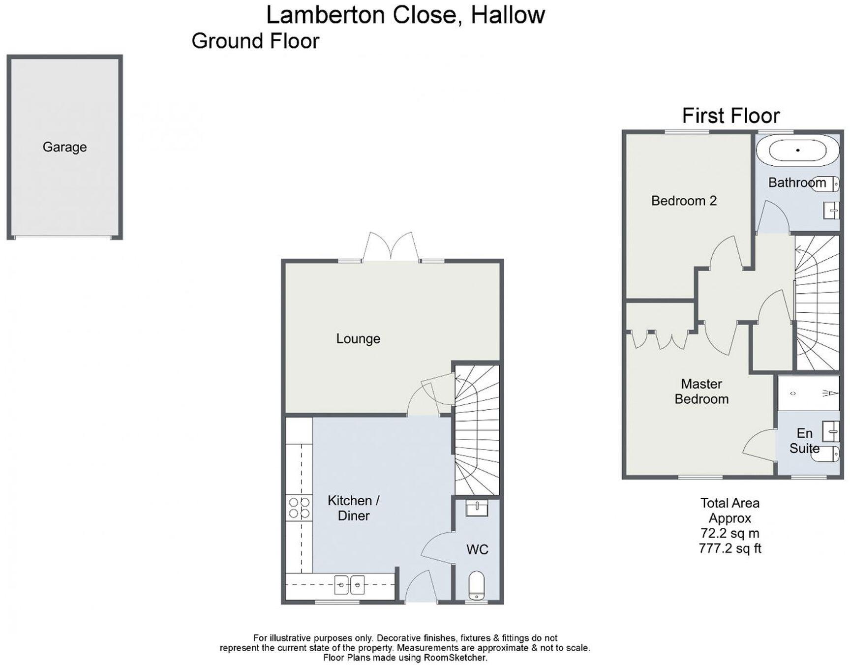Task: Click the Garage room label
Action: pyautogui.click(x=64, y=147)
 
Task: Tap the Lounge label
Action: pyautogui.click(x=358, y=338)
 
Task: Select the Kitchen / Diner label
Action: pyautogui.click(x=353, y=508)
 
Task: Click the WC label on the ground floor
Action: pyautogui.click(x=477, y=549)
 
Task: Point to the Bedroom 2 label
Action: pyautogui.click(x=684, y=201)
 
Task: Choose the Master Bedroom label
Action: pyautogui.click(x=701, y=392)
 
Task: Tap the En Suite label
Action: pyautogui.click(x=804, y=441)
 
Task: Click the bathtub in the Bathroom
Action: pyautogui.click(x=797, y=151)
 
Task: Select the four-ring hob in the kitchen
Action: pyautogui.click(x=299, y=508)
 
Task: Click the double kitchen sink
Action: pyautogui.click(x=349, y=585)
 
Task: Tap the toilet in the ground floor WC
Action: pyautogui.click(x=477, y=585)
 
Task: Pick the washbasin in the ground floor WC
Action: pyautogui.click(x=477, y=508)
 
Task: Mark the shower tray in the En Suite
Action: pyautogui.click(x=808, y=393)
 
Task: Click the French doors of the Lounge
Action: pyautogui.click(x=391, y=246)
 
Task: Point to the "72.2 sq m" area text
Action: pyautogui.click(x=730, y=533)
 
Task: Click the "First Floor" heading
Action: pyautogui.click(x=730, y=116)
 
